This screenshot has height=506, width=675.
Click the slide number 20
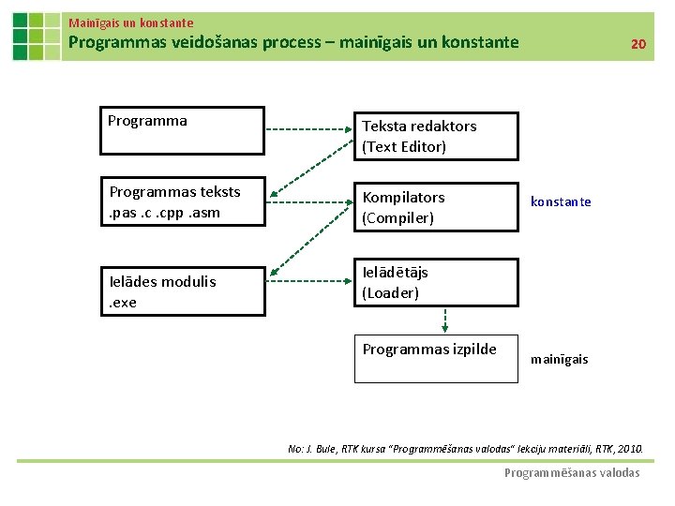637,44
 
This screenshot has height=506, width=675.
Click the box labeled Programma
184,130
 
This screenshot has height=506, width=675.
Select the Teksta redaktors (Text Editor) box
435,137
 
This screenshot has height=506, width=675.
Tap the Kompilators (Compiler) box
435,207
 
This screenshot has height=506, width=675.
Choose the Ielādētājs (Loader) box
435,282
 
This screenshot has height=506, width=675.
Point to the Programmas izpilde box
435,358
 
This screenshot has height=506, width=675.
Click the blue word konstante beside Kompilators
561,201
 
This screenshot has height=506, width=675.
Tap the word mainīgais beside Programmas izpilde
560,359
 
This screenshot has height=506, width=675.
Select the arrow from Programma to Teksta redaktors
309,127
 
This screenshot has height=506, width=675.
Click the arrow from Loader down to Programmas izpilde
445,320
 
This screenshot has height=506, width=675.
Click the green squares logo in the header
36,36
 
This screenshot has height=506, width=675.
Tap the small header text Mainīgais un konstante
131,22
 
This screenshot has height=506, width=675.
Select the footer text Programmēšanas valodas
572,473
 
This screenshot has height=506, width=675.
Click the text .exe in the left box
123,302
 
